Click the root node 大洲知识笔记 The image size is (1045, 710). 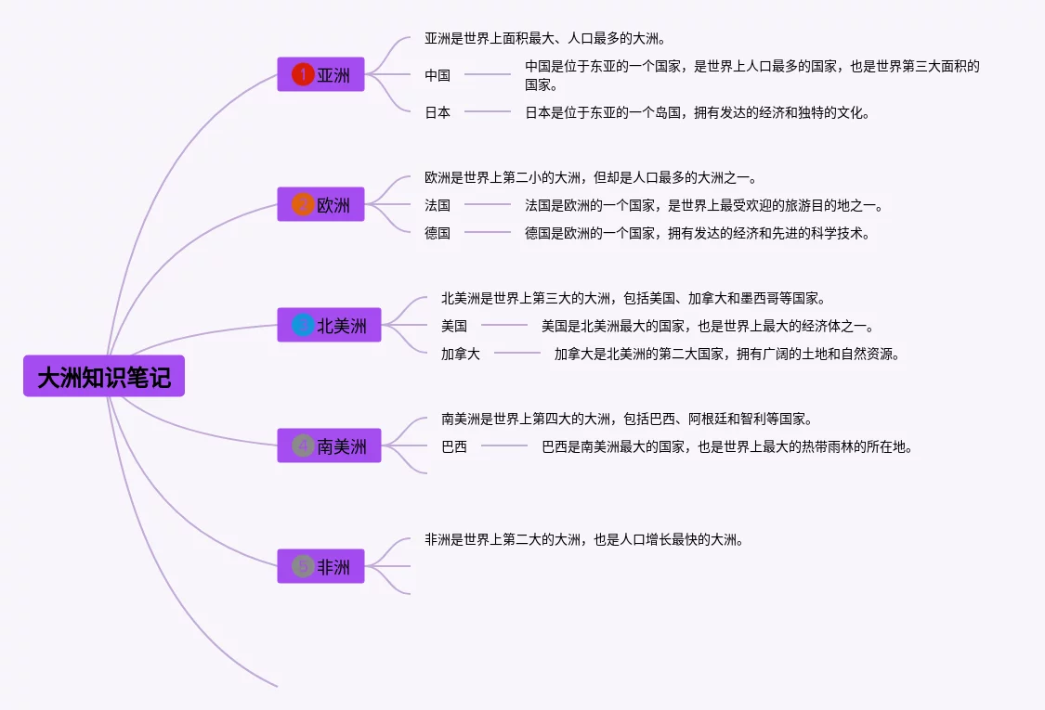[104, 376]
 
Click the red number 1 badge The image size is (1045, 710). [303, 74]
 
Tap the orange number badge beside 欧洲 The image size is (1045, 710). [303, 204]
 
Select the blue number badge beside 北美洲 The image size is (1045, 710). [303, 325]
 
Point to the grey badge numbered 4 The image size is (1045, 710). [303, 445]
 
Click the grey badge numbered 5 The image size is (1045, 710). [303, 566]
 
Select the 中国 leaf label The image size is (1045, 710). [438, 75]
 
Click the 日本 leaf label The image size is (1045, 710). [438, 112]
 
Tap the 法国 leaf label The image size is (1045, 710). [438, 205]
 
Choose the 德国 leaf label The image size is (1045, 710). [438, 233]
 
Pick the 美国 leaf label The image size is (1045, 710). [454, 326]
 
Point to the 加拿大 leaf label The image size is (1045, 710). [461, 354]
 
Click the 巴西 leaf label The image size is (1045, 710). [454, 446]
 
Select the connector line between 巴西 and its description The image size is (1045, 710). [504, 446]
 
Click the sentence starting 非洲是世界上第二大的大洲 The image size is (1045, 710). [584, 539]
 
